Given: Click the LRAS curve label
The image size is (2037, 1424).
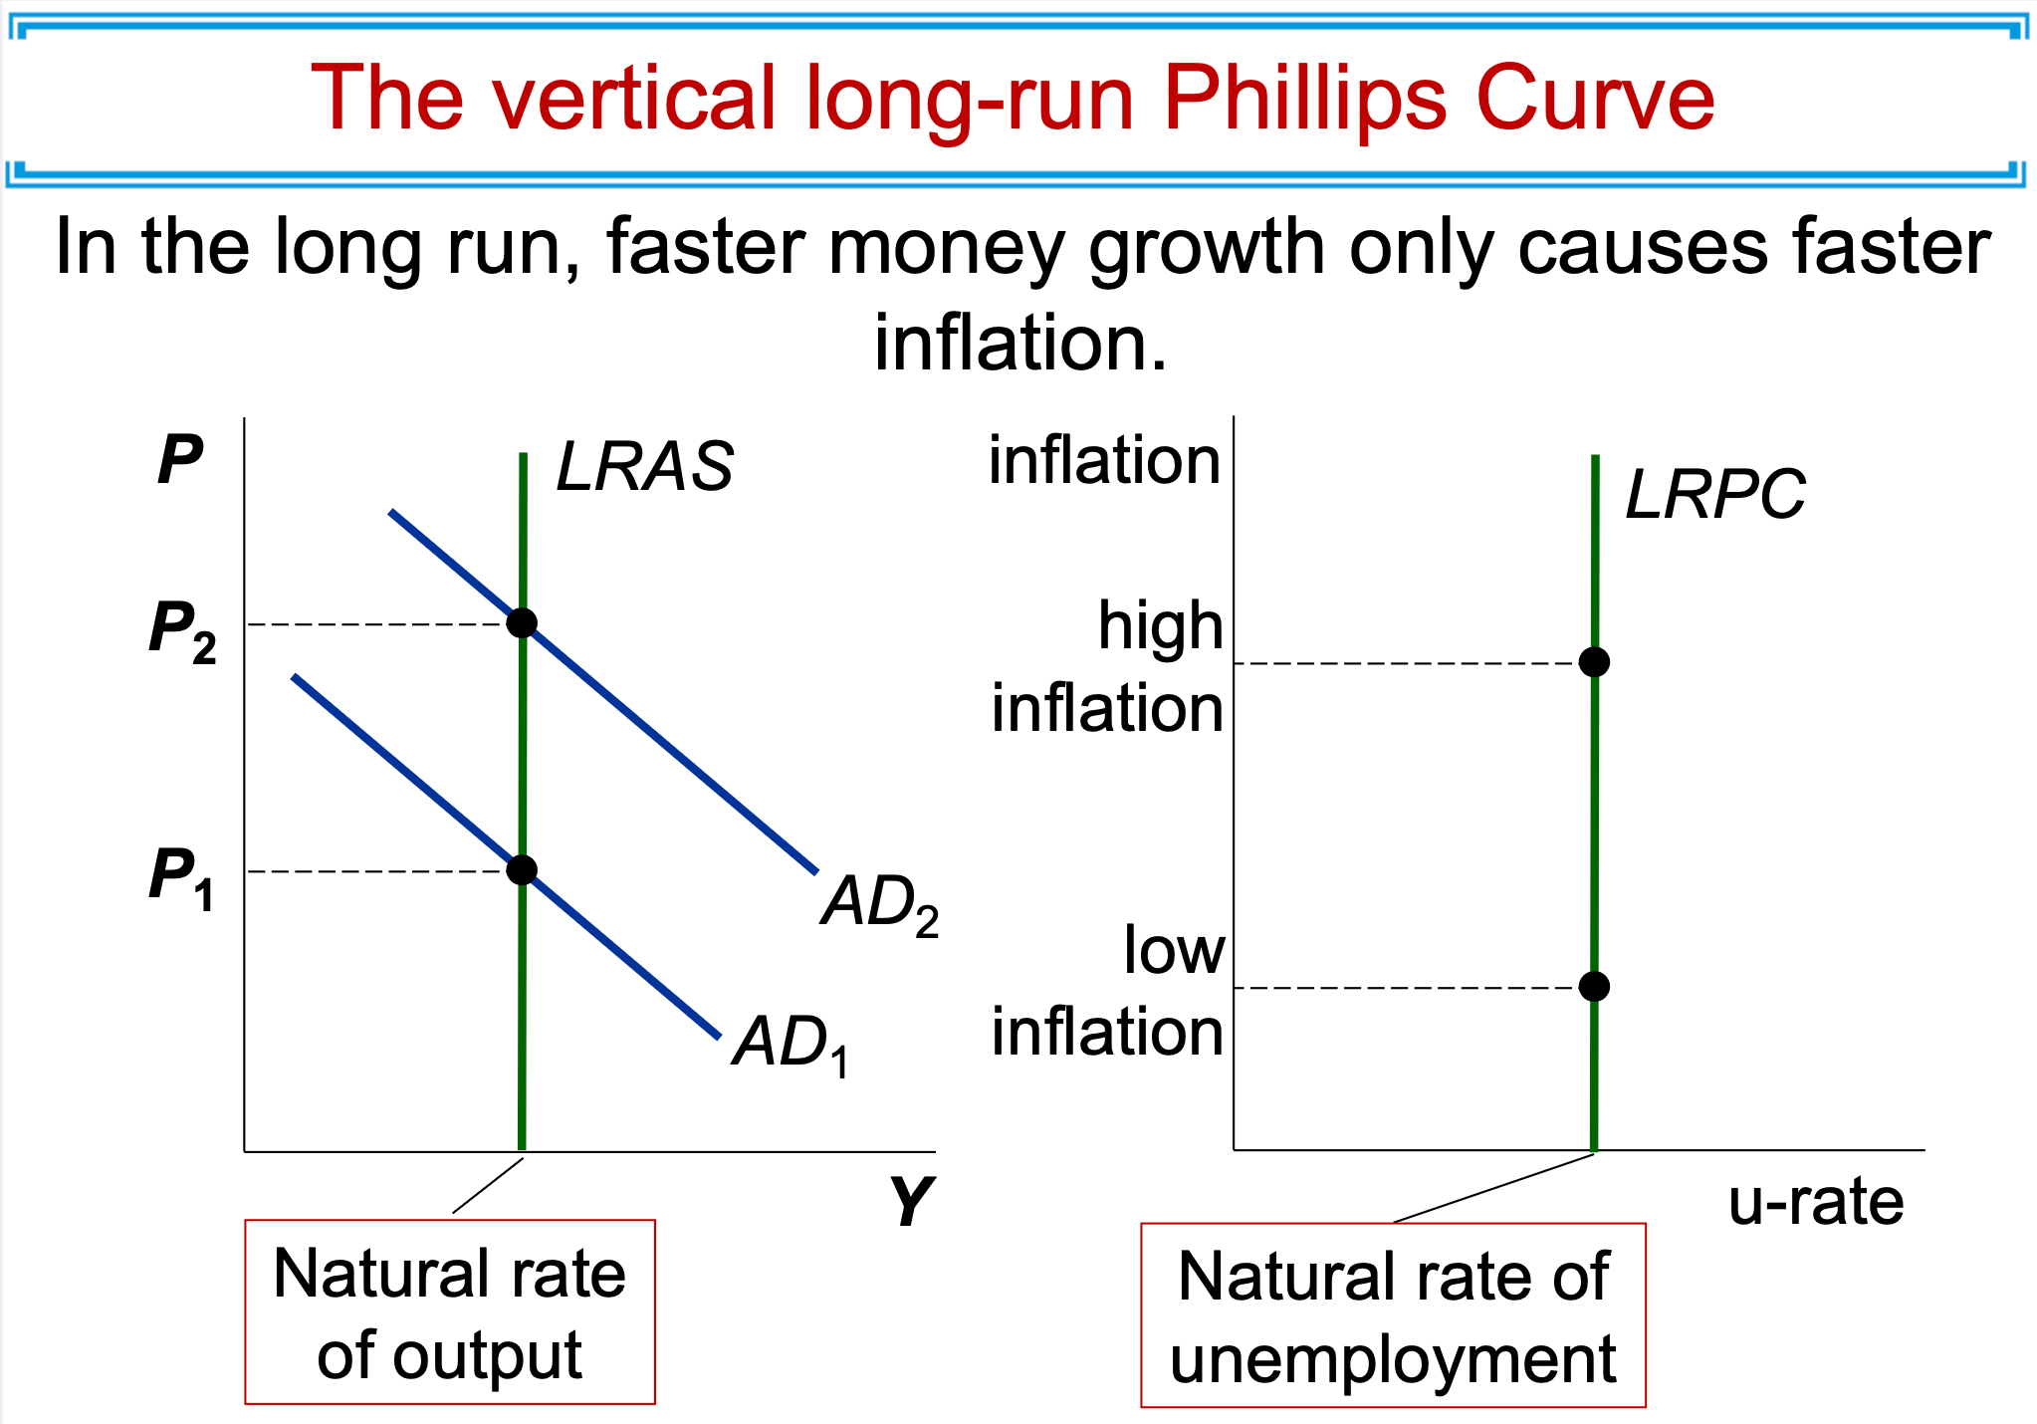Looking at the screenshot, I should tap(644, 467).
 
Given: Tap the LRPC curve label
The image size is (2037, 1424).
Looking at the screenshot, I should tap(1714, 495).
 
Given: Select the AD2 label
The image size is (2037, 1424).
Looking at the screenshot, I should tap(879, 904).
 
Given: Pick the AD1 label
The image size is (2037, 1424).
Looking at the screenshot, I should tap(791, 1045).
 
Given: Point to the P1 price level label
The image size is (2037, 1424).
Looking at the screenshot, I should tap(181, 878).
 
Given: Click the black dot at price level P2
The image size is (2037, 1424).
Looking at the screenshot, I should tap(522, 623).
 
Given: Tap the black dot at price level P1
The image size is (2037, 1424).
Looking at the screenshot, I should tap(522, 870).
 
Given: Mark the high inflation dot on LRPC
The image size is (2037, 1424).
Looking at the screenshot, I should tap(1594, 662).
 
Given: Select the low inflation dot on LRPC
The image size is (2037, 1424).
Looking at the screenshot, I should tap(1594, 987).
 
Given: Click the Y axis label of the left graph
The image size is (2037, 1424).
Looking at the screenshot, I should tap(910, 1201).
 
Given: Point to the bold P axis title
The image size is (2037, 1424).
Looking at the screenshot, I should tap(180, 461).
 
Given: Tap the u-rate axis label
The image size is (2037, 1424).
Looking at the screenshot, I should tap(1815, 1202).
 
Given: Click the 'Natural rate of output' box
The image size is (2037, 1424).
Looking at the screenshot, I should tap(450, 1312).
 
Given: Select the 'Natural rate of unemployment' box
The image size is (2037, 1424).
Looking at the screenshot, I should tap(1393, 1315).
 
